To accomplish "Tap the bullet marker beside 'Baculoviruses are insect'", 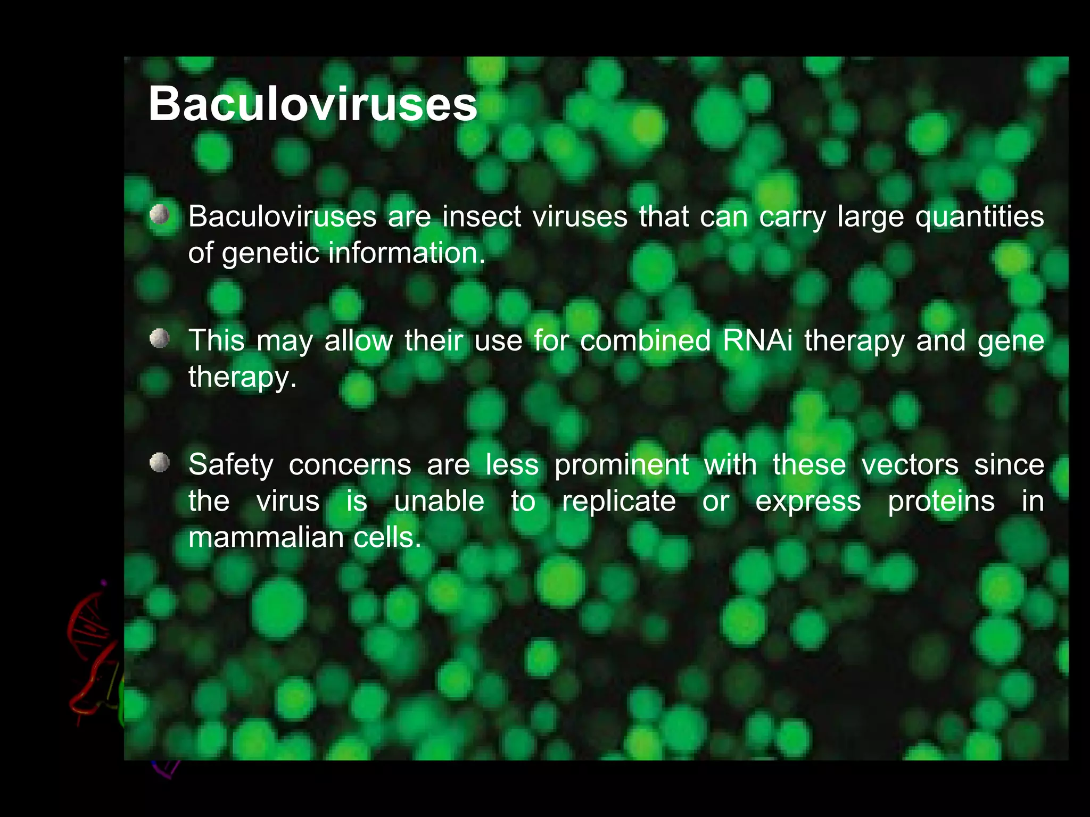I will tap(159, 215).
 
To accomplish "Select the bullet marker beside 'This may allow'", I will tap(159, 338).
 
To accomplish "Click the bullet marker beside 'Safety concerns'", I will tap(159, 462).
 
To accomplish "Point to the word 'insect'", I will tap(482, 216).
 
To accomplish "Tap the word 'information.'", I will tap(407, 253).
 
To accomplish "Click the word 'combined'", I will tap(645, 340).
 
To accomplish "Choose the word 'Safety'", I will tap(231, 465).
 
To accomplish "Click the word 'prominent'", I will tap(622, 465).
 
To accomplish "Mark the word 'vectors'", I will tap(910, 465).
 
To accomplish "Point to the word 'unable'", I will tap(439, 501).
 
